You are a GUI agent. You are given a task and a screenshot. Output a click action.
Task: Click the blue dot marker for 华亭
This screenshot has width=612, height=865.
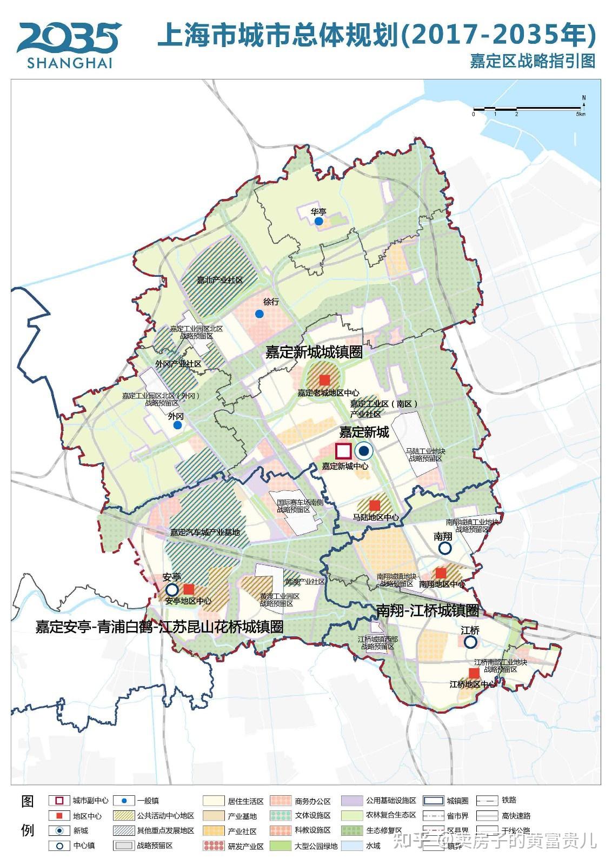click(x=319, y=221)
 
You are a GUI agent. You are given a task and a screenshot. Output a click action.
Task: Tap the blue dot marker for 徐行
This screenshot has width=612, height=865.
click(x=259, y=314)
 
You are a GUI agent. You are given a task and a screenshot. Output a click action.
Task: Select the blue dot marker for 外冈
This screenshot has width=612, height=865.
click(x=177, y=425)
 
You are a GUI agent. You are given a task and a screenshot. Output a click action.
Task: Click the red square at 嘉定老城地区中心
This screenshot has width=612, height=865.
click(x=324, y=380)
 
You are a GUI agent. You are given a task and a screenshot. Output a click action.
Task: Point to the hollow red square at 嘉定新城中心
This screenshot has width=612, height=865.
click(x=343, y=451)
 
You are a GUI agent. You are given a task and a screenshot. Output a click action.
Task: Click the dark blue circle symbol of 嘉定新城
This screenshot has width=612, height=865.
click(x=364, y=451)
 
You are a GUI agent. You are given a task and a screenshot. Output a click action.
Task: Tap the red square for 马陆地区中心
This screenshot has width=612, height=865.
click(x=375, y=505)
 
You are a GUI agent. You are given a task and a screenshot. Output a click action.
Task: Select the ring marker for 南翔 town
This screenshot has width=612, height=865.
click(x=444, y=548)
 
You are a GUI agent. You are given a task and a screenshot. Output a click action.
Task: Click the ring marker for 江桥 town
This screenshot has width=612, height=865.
click(x=470, y=642)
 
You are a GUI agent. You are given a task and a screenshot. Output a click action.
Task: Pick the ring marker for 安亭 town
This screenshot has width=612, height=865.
click(x=172, y=589)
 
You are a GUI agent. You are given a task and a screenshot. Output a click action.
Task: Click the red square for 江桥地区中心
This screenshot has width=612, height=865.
click(x=474, y=673)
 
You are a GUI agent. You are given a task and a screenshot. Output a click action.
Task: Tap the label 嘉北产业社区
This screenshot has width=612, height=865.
click(x=219, y=280)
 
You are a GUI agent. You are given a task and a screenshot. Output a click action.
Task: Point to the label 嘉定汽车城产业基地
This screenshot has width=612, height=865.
click(x=205, y=532)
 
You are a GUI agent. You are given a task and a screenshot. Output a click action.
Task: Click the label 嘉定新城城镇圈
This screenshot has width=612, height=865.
click(x=314, y=352)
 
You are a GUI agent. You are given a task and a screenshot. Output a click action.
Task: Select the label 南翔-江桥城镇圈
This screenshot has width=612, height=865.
click(x=428, y=611)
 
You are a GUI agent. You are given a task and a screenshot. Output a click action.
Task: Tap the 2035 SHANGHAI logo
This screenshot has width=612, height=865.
click(x=69, y=45)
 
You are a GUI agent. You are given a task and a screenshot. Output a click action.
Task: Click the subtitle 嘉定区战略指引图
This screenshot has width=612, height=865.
click(x=532, y=61)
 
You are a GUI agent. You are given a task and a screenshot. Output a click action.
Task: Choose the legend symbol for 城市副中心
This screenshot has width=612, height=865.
click(x=59, y=801)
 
